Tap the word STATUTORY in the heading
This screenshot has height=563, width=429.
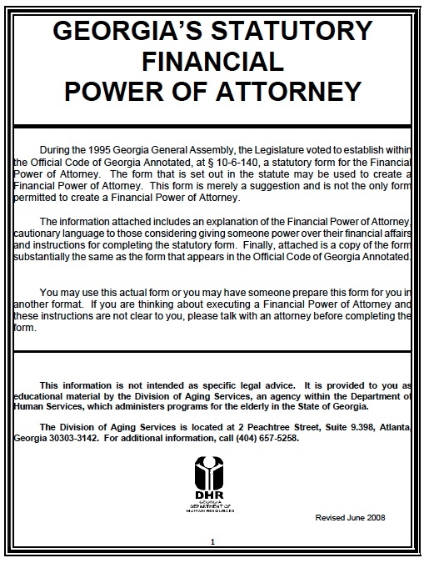[299, 31]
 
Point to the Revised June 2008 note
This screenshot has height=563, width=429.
[350, 517]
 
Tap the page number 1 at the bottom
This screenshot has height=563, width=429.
[213, 543]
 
